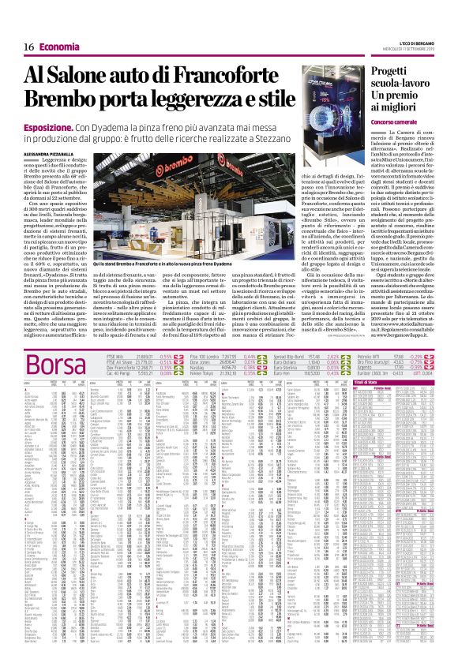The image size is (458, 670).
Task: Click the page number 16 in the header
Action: [29, 48]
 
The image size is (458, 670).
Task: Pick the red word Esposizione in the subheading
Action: [49, 126]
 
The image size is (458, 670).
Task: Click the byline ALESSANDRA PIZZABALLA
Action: [56, 151]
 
